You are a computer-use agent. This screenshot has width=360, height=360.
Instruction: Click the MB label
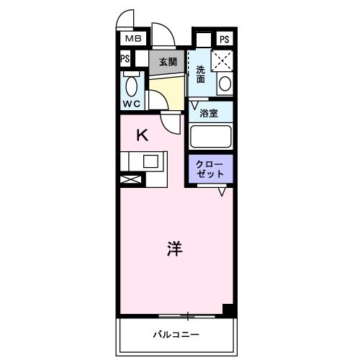click(134, 39)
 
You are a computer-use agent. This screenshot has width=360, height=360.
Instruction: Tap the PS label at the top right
click(225, 39)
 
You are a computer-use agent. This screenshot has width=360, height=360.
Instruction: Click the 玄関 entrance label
click(167, 61)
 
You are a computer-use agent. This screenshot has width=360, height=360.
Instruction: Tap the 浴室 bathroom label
click(209, 113)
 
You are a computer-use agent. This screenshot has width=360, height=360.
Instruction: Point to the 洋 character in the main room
click(174, 249)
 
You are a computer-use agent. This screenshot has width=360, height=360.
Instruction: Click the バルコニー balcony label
click(175, 334)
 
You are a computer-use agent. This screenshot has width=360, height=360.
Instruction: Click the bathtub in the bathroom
click(210, 137)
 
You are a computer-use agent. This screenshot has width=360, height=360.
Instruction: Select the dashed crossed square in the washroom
click(222, 60)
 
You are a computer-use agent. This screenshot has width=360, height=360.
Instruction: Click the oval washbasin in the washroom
click(225, 83)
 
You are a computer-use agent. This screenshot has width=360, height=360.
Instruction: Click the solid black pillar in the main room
click(228, 310)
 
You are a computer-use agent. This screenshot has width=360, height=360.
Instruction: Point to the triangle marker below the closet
click(222, 192)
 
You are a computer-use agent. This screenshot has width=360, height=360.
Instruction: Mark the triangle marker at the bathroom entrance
click(194, 104)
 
